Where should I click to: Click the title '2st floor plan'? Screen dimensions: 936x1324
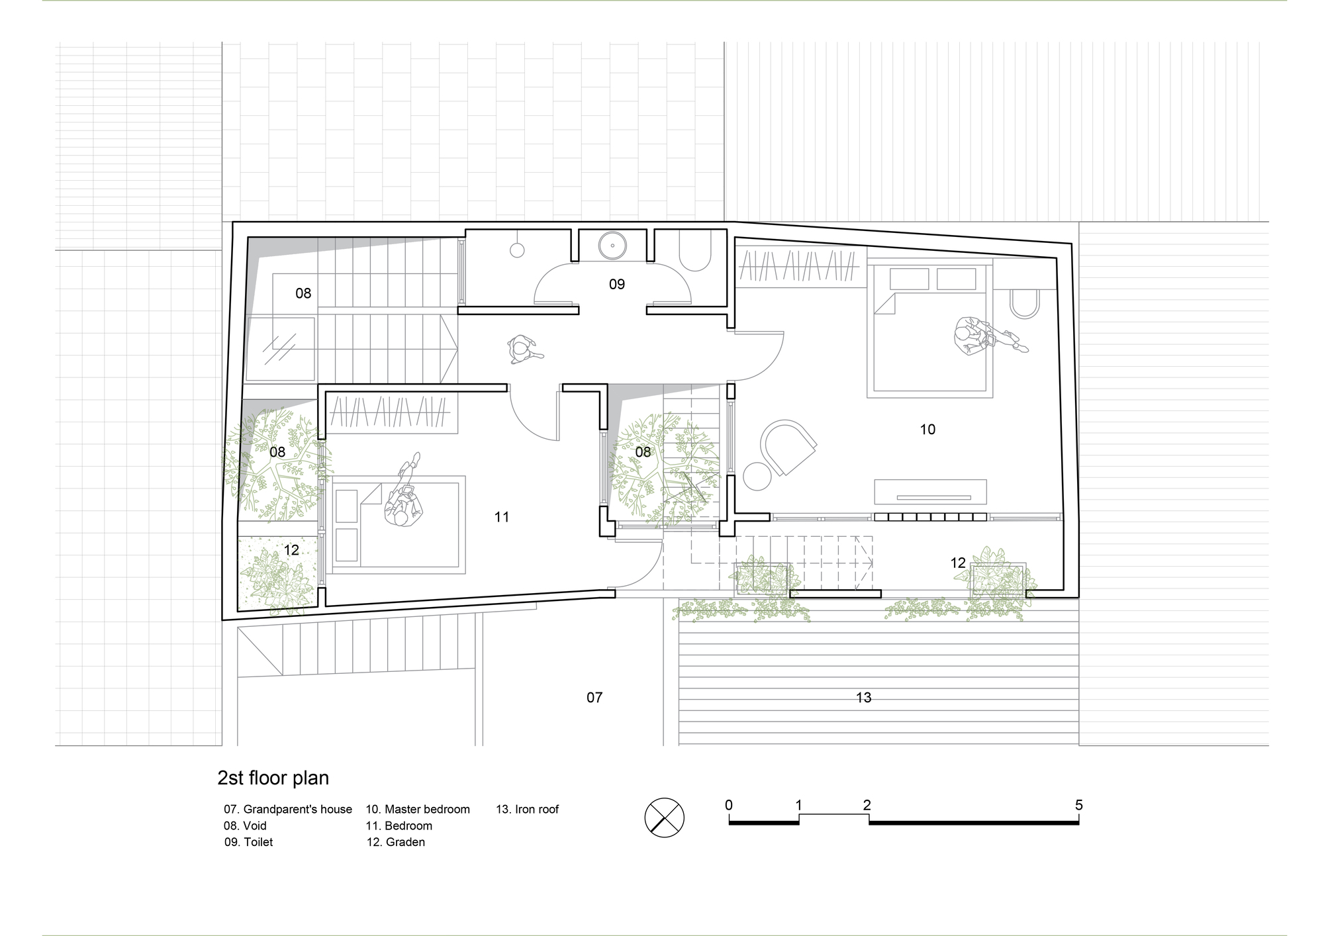point(273,778)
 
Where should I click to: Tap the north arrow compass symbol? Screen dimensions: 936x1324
point(664,818)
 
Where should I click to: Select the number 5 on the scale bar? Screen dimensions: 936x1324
point(1078,806)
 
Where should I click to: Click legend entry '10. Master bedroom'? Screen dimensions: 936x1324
point(418,809)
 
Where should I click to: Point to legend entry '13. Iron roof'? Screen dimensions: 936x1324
point(528,809)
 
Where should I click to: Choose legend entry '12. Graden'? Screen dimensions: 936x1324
point(396,842)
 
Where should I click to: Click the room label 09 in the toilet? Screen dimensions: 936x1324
point(616,284)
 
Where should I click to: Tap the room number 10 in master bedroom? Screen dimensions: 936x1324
point(927,430)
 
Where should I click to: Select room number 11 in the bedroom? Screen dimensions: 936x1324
point(502,517)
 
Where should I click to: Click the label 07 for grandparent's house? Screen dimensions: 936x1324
point(594,697)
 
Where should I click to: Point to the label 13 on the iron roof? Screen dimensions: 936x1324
point(863,697)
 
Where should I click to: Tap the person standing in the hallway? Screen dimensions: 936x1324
point(522,350)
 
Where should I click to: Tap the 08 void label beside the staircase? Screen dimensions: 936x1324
point(303,293)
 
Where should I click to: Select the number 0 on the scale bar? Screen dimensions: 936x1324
point(729,806)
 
